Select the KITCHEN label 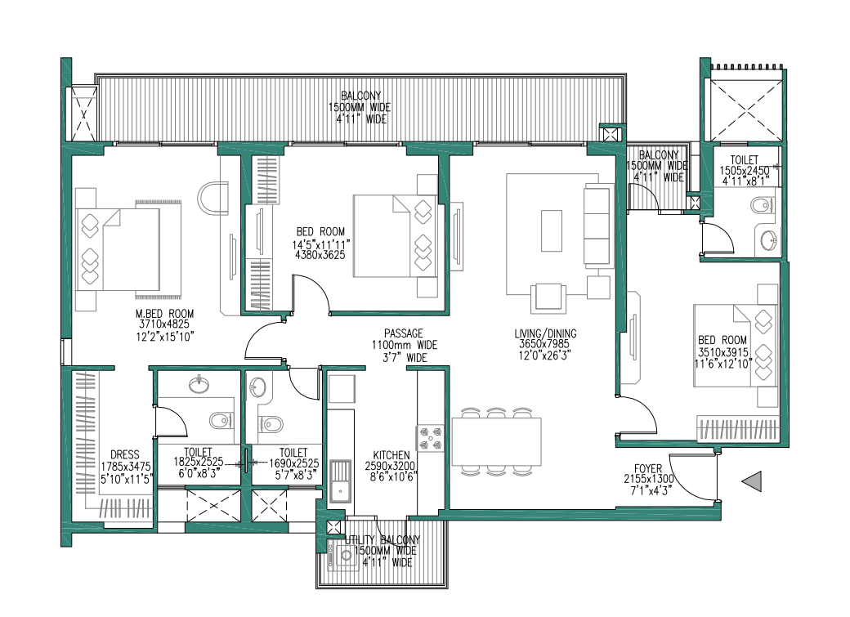coord(391,455)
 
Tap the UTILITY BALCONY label coord(382,540)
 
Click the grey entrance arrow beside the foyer coord(752,482)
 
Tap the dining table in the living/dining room coord(496,441)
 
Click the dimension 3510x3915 coord(722,351)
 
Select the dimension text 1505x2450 coord(745,171)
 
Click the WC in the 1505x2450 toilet coord(759,205)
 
